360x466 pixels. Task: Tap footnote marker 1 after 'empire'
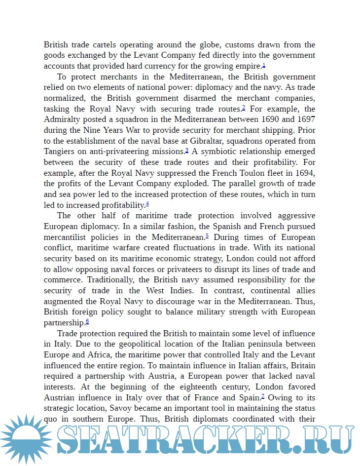pos(264,65)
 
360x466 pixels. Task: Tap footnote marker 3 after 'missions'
pos(187,150)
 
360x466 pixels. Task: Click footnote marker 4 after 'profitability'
pos(147,203)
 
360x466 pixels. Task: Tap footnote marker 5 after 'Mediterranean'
pos(207,235)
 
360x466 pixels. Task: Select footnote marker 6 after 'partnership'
pos(87,321)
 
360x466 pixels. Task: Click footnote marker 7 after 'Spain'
pos(263,396)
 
